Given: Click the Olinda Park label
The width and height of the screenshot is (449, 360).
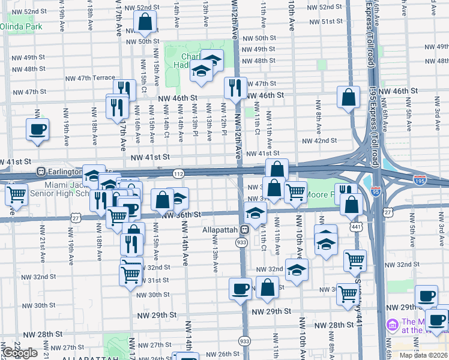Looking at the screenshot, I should coord(21,27).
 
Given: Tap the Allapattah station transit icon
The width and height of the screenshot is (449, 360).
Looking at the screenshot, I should coord(244,230).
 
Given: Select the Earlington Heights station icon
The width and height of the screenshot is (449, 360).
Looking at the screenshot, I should coord(41,171).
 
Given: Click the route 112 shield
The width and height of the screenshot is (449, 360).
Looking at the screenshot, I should coord(178,173).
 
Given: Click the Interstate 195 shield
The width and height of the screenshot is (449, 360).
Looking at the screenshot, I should coord(420,179).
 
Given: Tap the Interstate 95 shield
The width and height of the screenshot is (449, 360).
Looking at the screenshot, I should coord(376,192).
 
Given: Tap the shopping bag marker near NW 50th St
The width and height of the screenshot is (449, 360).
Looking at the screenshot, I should coord(145,22).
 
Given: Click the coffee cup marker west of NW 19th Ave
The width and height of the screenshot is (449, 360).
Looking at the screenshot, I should coord(38,130).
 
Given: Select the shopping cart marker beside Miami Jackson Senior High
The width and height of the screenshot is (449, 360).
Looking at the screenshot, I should coord(16,194).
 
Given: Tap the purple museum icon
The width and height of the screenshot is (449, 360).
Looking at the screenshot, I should coord(393,325).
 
